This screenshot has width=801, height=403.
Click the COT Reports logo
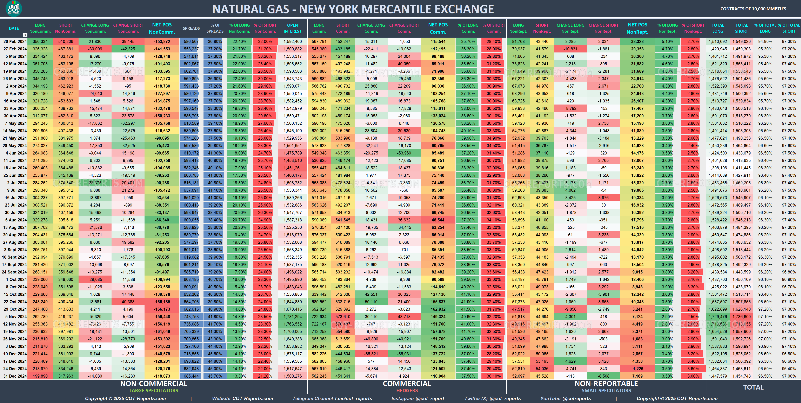(x=14, y=8)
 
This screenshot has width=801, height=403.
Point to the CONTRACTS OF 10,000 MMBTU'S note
(x=753, y=9)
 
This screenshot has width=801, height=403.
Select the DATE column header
(x=14, y=28)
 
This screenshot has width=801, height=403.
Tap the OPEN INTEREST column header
(x=292, y=28)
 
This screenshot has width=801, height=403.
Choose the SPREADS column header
(x=191, y=28)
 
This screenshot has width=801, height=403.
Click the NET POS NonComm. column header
(x=162, y=28)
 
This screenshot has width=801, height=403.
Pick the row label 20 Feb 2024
(x=15, y=42)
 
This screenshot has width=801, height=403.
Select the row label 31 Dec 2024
(x=15, y=376)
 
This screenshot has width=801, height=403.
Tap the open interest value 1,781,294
(x=292, y=317)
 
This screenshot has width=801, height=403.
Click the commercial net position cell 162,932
(x=438, y=309)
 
